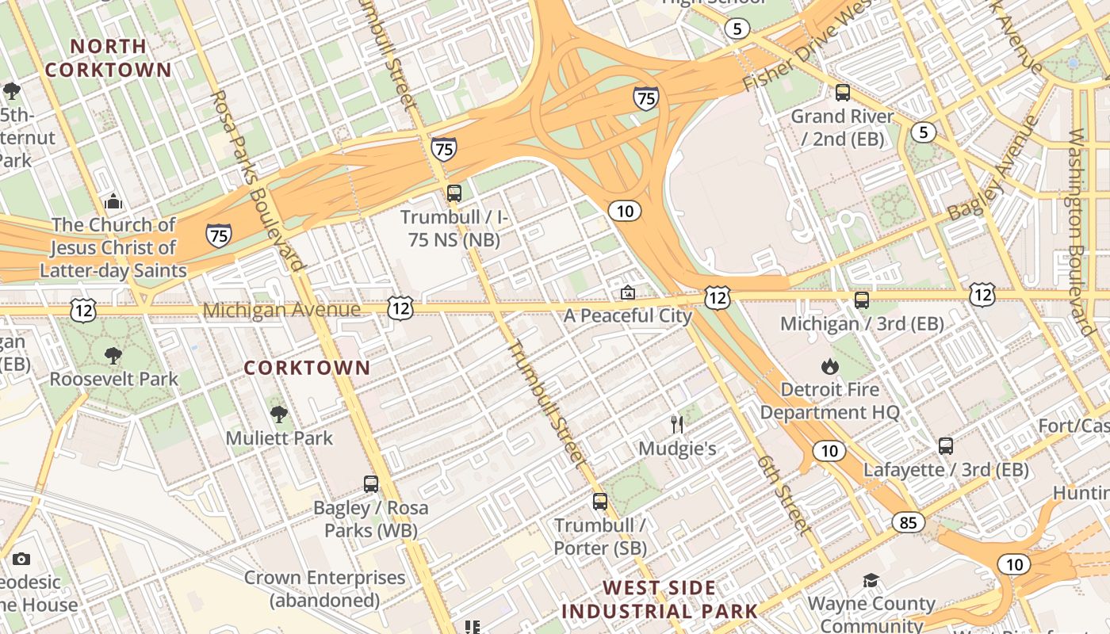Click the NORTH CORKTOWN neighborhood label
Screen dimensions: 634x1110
108,58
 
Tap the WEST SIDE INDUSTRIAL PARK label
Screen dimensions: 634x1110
660,600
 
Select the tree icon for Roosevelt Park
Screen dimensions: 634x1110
113,355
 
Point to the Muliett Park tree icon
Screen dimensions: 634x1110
278,414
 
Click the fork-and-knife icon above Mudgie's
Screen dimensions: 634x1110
677,425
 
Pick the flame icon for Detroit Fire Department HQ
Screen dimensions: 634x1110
830,366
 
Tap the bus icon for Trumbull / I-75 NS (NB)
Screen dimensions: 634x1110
454,193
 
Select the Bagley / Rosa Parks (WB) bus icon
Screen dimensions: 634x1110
371,483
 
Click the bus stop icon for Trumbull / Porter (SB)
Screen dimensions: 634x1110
600,501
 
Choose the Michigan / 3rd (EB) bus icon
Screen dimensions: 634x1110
862,300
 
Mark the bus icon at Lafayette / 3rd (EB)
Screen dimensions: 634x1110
946,445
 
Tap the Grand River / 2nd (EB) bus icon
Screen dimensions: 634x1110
843,92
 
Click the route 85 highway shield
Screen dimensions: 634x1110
908,522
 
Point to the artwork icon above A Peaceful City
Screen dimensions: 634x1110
628,292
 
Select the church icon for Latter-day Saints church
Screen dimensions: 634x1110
113,201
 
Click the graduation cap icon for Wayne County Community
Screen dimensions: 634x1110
871,580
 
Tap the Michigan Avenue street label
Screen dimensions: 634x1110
281,309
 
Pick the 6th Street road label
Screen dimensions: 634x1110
784,494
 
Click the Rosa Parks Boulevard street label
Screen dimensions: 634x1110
258,181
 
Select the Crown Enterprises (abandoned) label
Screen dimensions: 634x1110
324,589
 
